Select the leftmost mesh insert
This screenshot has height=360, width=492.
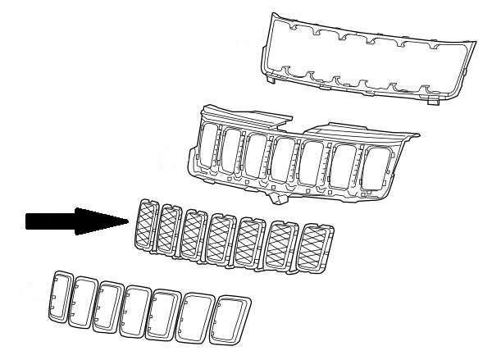click(x=146, y=223)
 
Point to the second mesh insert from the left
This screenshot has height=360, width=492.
click(x=171, y=227)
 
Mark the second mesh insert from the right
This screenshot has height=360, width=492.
click(x=282, y=245)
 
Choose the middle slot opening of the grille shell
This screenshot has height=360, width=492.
click(x=284, y=161)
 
